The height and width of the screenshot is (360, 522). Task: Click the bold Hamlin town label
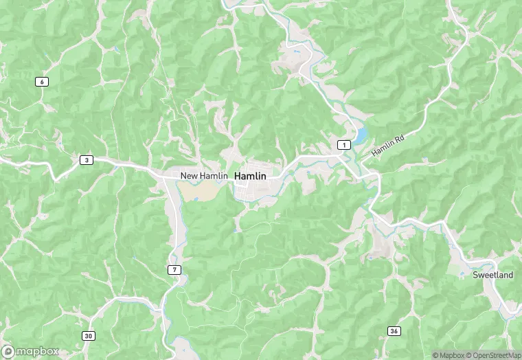[250, 177]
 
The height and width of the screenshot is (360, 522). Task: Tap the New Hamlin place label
[204, 177]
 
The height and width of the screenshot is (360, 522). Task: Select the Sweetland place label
[492, 275]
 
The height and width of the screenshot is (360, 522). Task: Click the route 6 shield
[43, 82]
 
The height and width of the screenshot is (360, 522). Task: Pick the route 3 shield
[86, 160]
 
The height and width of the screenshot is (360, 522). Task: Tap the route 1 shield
[343, 144]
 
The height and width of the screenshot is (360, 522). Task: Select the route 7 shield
[175, 269]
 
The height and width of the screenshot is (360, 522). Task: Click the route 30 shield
[89, 336]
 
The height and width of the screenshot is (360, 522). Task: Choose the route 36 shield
[394, 331]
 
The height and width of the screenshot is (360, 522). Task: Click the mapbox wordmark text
[37, 352]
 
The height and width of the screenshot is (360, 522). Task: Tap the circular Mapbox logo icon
[8, 352]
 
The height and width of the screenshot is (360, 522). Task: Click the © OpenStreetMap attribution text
[493, 355]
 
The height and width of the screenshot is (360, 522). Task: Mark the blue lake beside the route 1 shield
[360, 134]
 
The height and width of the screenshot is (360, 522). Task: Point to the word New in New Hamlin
[189, 177]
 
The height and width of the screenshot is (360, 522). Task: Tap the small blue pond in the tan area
[196, 200]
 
